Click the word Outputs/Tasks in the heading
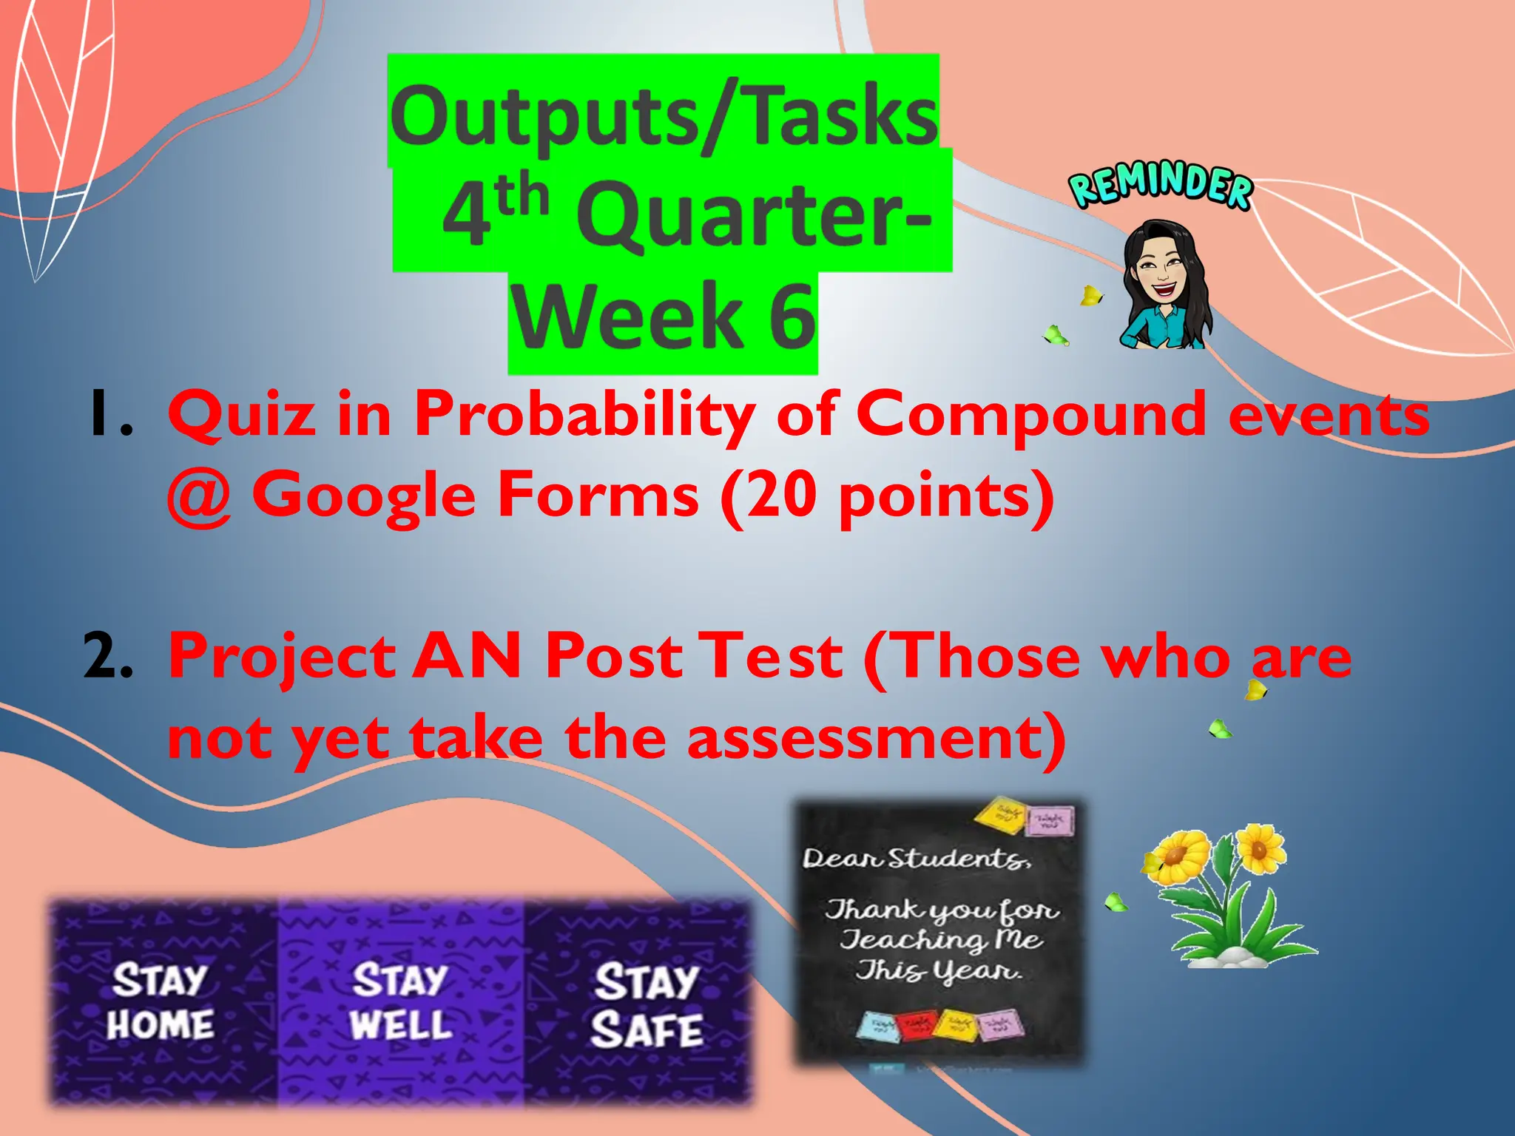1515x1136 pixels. pyautogui.click(x=664, y=117)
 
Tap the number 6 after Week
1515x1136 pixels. pyautogui.click(x=791, y=317)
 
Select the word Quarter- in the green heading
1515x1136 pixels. pyautogui.click(x=755, y=216)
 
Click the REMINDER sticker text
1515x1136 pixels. pyautogui.click(x=1161, y=186)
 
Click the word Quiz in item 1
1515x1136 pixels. pyautogui.click(x=241, y=414)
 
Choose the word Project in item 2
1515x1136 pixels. pyautogui.click(x=281, y=657)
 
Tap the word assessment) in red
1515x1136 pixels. pyautogui.click(x=876, y=737)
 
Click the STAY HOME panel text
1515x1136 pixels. pyautogui.click(x=160, y=1003)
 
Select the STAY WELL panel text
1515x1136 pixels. pyautogui.click(x=400, y=1001)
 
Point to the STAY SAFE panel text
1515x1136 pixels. pyautogui.click(x=646, y=1004)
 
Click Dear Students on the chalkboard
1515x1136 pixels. pyautogui.click(x=916, y=859)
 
